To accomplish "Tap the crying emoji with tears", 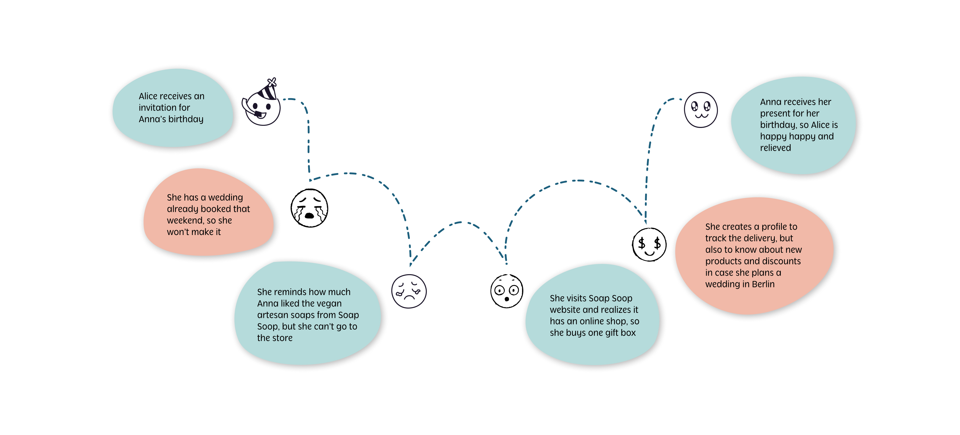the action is coord(309,208).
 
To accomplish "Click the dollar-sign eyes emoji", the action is coord(649,245).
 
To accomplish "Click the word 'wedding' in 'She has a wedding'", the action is coord(225,198).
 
